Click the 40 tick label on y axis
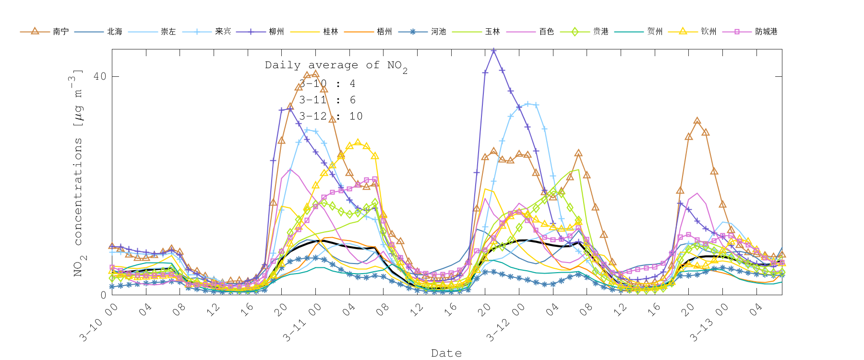99,77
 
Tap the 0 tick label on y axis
103,295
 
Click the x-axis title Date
446,353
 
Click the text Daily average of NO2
336,66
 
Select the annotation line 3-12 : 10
331,116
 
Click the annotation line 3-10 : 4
327,84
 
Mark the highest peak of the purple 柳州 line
493,50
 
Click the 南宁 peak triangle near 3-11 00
315,74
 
